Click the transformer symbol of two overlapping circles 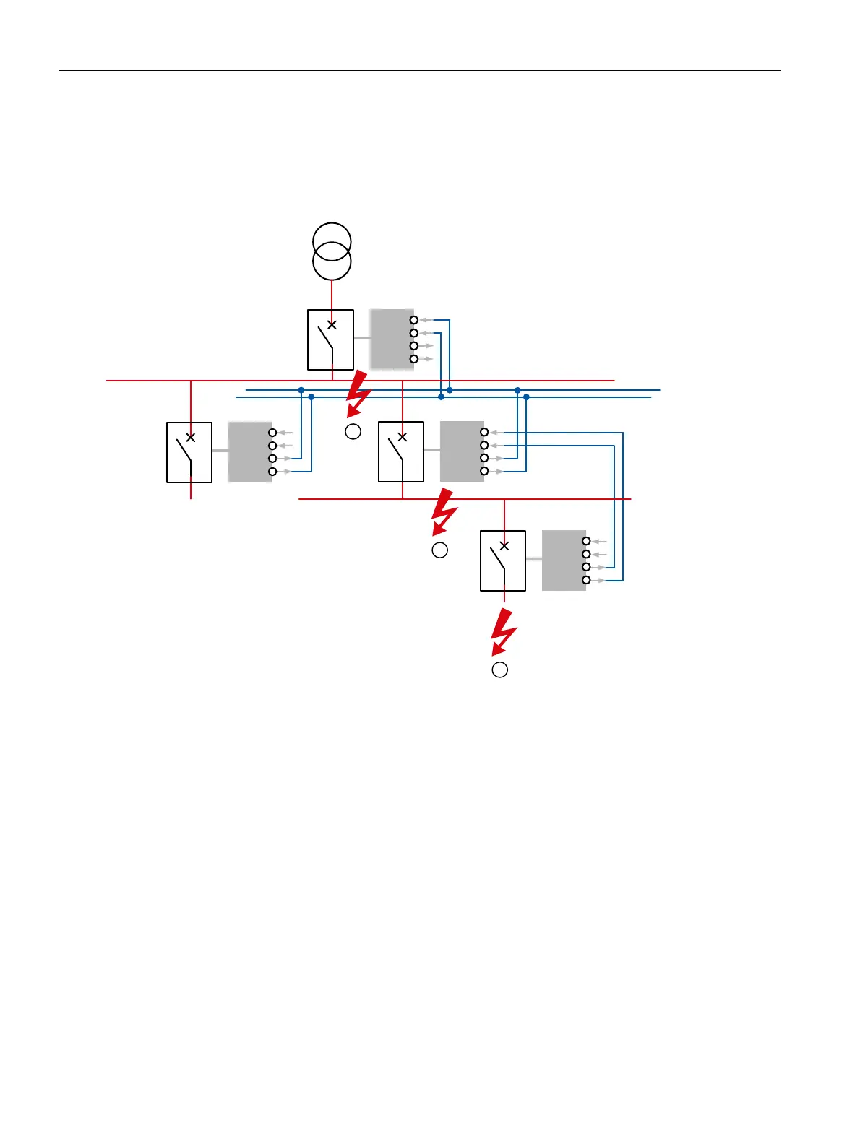click(332, 251)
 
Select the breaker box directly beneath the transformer click(330, 339)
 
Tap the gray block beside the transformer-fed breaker click(391, 339)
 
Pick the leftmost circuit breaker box click(189, 452)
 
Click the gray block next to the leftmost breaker click(249, 451)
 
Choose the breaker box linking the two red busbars click(401, 452)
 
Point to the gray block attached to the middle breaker click(461, 451)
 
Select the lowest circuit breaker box click(503, 561)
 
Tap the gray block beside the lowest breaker click(563, 560)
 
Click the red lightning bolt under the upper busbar click(357, 394)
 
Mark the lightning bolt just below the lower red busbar click(443, 511)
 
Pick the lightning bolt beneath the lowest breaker click(503, 631)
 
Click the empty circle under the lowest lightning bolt click(499, 669)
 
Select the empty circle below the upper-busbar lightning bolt click(353, 432)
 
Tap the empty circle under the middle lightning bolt click(439, 550)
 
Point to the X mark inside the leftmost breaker click(191, 437)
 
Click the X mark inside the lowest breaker click(504, 546)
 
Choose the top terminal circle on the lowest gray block click(586, 541)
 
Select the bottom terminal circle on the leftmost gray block click(272, 472)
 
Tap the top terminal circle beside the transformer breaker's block click(414, 320)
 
